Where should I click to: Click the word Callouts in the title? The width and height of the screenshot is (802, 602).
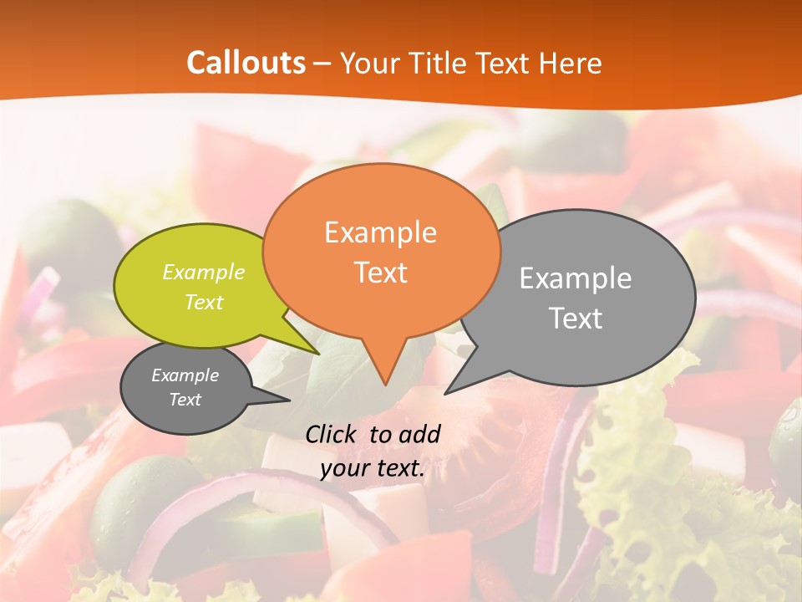(246, 63)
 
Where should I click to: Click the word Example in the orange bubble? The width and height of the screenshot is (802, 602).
(380, 232)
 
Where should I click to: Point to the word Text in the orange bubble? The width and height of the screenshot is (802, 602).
(380, 272)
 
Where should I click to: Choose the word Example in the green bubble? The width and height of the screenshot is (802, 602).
(204, 272)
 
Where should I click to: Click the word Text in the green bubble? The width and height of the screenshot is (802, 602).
(204, 302)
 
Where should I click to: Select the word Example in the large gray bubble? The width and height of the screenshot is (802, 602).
(576, 278)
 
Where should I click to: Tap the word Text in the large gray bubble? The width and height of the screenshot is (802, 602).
(576, 318)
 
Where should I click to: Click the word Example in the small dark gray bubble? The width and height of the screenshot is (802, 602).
(185, 375)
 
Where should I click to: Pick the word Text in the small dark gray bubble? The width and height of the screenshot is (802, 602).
(185, 400)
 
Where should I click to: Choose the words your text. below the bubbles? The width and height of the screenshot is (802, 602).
(373, 469)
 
